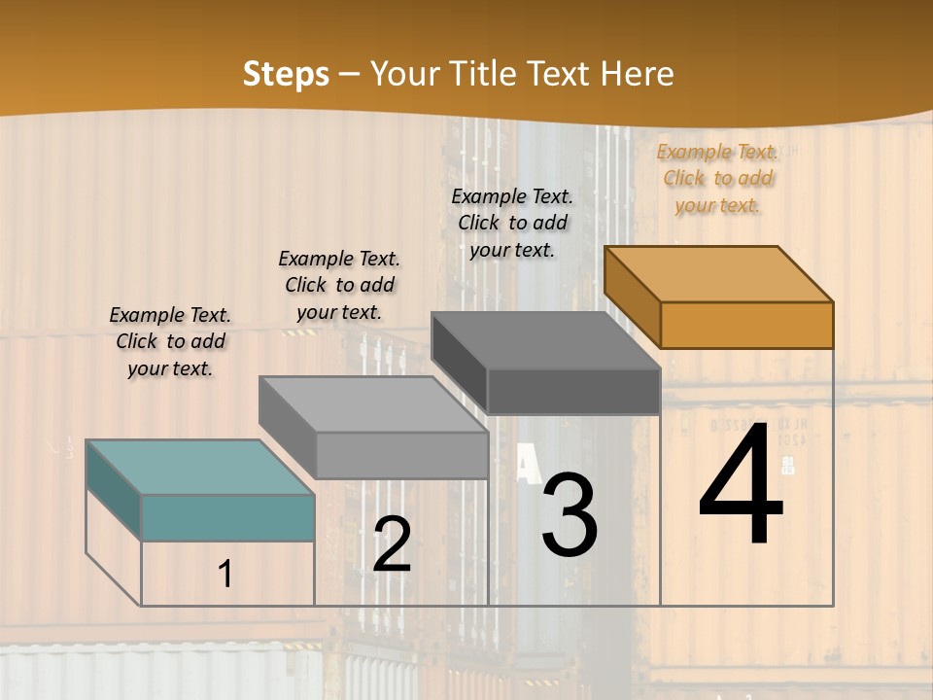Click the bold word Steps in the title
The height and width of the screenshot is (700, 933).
(286, 74)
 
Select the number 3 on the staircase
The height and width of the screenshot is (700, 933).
(570, 515)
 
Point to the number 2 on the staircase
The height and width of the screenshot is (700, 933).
(392, 544)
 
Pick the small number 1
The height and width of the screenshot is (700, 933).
(225, 575)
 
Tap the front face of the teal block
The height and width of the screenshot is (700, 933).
(227, 517)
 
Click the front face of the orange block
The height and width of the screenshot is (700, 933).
(746, 325)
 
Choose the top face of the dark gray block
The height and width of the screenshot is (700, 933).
(545, 340)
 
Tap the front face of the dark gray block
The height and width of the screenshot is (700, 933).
(573, 392)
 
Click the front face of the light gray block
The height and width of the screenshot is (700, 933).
(401, 455)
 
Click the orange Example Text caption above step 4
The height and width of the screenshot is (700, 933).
(717, 178)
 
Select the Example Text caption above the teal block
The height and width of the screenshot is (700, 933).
(170, 341)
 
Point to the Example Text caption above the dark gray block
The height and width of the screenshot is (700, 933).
(512, 223)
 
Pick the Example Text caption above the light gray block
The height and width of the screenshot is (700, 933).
(339, 285)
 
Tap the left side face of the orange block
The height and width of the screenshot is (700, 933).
(632, 297)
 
